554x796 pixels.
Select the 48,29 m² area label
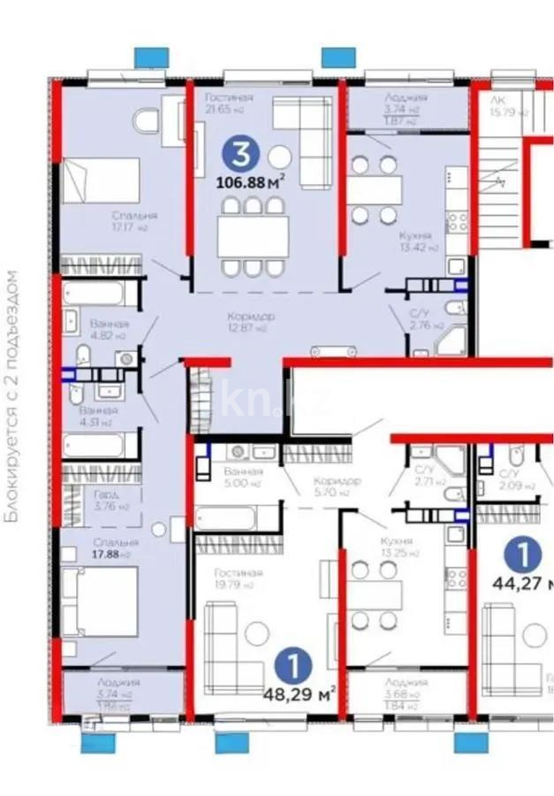click(x=300, y=690)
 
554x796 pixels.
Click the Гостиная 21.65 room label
click(x=228, y=103)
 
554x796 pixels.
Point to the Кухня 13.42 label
click(x=414, y=241)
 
